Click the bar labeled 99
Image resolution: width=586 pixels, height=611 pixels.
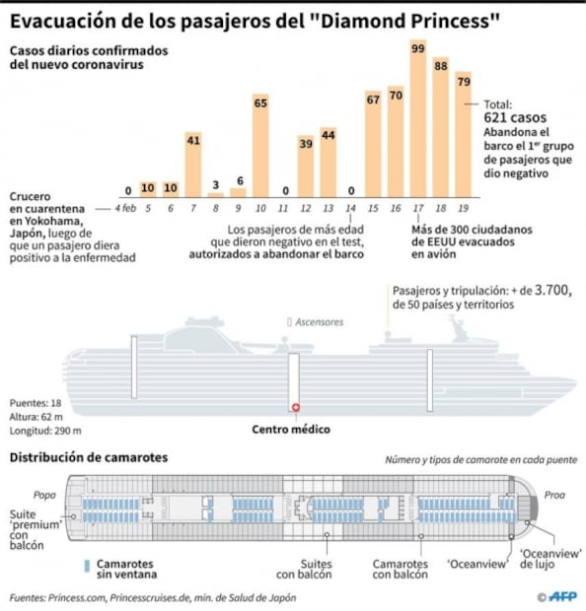point(418,118)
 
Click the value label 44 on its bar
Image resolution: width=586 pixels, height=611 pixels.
point(328,134)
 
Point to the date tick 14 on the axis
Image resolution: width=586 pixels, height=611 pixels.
point(350,208)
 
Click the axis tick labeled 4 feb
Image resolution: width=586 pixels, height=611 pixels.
point(125,208)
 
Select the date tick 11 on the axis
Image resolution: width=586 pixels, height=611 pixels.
point(282,208)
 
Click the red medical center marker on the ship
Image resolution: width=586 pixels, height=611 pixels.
point(294,407)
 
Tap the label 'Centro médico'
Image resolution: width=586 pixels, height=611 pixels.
point(291,430)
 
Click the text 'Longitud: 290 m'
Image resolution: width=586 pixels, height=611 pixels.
point(46,431)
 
